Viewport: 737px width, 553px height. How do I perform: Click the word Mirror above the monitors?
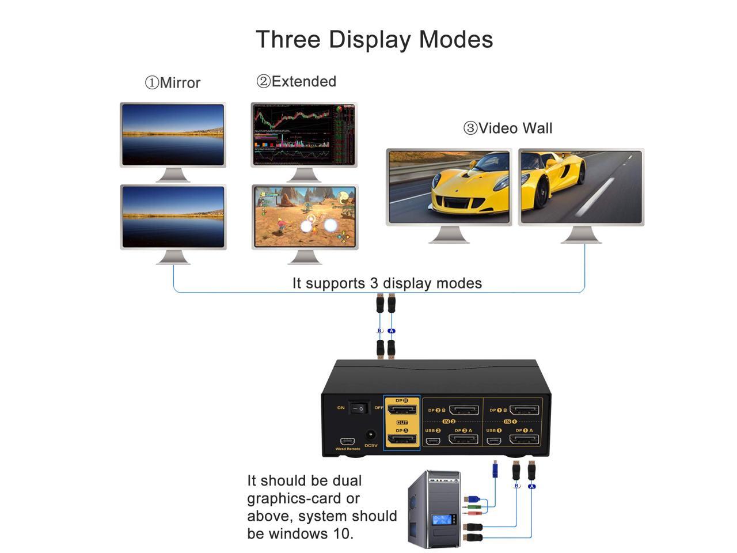coord(180,83)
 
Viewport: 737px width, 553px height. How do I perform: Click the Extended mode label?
coord(303,82)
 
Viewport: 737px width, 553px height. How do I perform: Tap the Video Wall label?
coord(515,128)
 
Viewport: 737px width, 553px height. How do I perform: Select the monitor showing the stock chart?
coord(304,135)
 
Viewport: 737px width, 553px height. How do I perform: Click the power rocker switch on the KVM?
coord(358,408)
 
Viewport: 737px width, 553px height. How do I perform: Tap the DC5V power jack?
coord(371,436)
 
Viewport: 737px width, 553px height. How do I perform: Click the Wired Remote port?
coord(347,441)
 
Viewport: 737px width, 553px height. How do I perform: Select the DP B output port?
coord(402,410)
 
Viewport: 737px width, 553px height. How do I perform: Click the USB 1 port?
coord(493,441)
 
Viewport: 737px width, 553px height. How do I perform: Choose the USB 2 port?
coord(432,441)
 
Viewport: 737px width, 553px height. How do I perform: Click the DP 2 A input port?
coord(464,440)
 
